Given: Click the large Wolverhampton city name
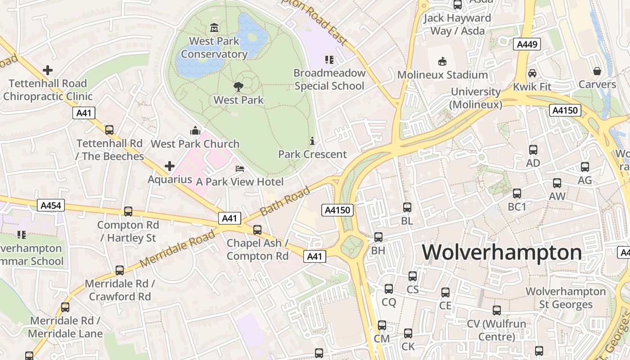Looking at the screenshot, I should point(501,252).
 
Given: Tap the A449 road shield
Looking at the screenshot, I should point(526,44).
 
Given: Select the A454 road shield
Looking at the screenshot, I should point(51,206).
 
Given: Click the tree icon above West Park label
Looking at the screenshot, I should point(238,87).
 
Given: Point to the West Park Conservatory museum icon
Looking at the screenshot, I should point(214,28).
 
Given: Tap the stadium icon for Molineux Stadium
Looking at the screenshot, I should point(442,62).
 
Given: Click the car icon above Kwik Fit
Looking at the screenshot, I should point(532,73).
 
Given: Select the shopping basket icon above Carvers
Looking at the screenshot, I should point(597,71).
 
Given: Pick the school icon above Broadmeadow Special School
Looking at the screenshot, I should point(329,59).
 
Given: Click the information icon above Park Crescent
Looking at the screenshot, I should point(312,141).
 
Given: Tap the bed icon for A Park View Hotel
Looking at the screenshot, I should point(240,169).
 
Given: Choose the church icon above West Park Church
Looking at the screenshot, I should point(195,130).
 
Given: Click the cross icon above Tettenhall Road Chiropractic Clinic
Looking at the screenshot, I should point(48,70).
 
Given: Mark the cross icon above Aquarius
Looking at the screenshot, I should point(170,166).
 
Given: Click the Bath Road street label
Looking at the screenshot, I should point(285,201).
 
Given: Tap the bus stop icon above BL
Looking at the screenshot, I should point(407,207).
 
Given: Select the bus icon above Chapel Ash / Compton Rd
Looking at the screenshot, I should point(257,230).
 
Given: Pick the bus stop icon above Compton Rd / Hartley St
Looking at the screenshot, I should point(128,211).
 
